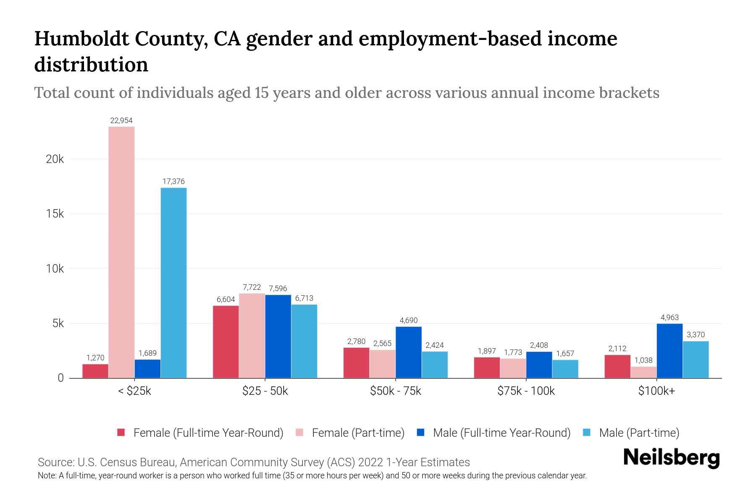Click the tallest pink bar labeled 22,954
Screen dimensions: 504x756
(x=121, y=252)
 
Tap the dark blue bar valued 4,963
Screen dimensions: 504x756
(x=669, y=351)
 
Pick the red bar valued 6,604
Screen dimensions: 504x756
(x=226, y=342)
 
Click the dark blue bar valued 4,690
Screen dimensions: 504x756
(x=408, y=352)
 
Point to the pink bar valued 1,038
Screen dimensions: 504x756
(x=643, y=372)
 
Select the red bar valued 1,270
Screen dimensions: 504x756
(x=95, y=371)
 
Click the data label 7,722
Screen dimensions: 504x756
(x=252, y=287)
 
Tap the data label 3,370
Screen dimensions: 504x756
(x=696, y=335)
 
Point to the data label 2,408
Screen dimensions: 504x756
(x=539, y=345)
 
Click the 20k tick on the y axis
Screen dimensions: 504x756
(x=55, y=159)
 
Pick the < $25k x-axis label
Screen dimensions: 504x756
(x=134, y=391)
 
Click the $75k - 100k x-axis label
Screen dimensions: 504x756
(x=526, y=391)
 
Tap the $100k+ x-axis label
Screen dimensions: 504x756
(x=656, y=391)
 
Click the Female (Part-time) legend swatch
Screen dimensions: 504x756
(x=300, y=433)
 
